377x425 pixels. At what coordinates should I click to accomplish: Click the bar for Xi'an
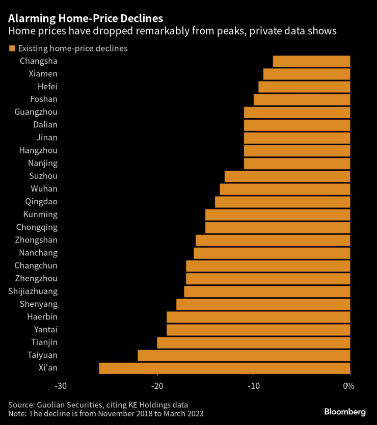tap(224, 368)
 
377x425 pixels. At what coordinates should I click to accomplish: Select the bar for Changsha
tap(311, 61)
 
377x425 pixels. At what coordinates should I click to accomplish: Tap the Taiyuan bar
tap(244, 355)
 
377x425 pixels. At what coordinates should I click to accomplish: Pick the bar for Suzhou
tap(287, 176)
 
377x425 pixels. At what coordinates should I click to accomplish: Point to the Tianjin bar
tap(253, 342)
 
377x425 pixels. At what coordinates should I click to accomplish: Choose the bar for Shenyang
tap(263, 304)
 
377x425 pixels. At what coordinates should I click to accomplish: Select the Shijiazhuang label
tap(33, 291)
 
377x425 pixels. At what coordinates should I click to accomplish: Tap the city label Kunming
tap(40, 215)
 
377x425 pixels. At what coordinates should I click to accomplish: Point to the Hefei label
tap(47, 87)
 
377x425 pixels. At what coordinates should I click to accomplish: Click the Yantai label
tap(45, 330)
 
